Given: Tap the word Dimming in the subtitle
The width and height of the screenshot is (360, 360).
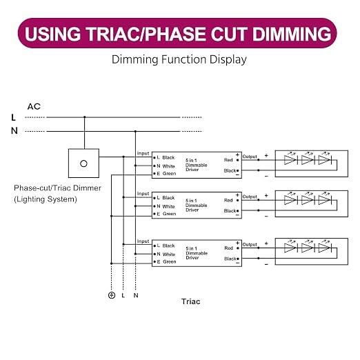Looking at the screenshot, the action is click(x=135, y=59).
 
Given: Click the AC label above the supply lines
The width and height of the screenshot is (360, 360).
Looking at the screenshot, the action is click(x=34, y=106).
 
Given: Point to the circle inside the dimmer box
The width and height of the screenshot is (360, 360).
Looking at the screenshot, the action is click(x=83, y=163).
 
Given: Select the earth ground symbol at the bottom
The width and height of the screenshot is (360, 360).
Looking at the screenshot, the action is click(x=112, y=295).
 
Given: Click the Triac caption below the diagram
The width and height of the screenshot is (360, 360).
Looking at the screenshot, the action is click(x=190, y=301).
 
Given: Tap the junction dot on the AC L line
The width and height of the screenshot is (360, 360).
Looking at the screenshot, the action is click(x=85, y=117).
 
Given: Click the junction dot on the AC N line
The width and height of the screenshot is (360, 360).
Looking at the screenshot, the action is click(x=135, y=132).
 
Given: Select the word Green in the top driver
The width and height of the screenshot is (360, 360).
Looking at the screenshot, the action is click(x=169, y=174).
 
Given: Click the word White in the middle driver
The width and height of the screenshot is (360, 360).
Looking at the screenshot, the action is click(x=169, y=206).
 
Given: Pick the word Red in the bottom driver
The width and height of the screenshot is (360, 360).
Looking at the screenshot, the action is click(x=229, y=248).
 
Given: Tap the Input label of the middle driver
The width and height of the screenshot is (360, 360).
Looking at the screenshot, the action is click(x=143, y=194).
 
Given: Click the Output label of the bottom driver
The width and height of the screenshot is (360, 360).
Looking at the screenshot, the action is click(x=250, y=244).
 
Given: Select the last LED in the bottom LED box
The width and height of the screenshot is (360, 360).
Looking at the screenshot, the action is click(x=325, y=248).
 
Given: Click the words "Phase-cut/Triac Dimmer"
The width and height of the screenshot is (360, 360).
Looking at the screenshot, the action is click(x=57, y=188).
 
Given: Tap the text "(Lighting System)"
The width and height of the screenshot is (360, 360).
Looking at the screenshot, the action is click(x=46, y=199).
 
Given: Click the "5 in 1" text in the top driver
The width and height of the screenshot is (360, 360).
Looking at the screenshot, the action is click(x=191, y=160).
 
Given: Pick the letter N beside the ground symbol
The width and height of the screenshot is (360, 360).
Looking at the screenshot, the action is click(x=136, y=295).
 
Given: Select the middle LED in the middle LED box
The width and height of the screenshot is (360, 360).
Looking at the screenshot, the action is click(x=308, y=200).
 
